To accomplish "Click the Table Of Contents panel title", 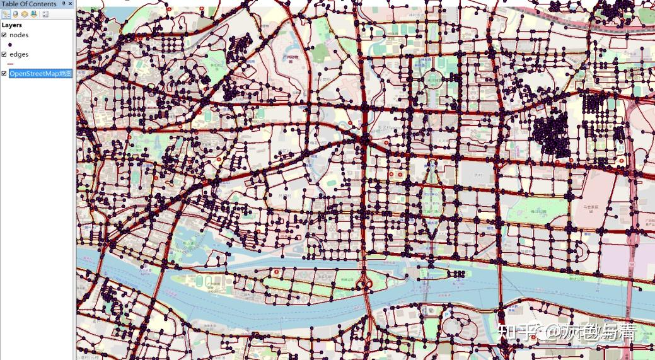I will point(28,4).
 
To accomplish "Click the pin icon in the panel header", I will point(63,4).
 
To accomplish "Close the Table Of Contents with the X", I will point(70,4).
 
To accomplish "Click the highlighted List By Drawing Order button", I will point(6,14).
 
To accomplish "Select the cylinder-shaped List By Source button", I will point(16,14).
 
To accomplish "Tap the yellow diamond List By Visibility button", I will point(25,14).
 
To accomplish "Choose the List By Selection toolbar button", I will point(33,14).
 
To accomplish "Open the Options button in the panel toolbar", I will point(45,14).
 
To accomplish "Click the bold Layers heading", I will point(12,25).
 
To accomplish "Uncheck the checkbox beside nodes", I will point(4,35).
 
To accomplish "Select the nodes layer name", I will point(19,35).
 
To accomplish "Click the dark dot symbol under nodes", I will point(10,45).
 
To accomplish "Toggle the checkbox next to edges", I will point(4,54).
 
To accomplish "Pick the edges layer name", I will point(19,54).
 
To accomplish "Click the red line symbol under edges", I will point(10,64).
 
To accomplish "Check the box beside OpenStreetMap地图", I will point(4,74).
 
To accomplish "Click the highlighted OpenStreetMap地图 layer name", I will point(40,74).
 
